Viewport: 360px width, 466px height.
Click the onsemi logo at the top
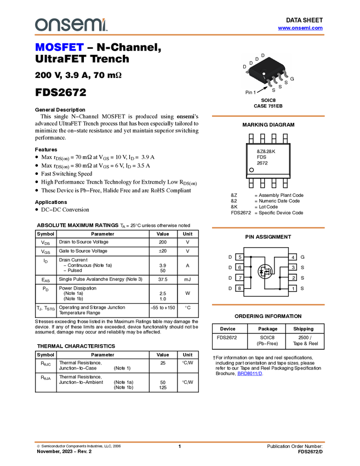tap(71, 25)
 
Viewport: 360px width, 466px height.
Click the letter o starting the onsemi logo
tap(39, 25)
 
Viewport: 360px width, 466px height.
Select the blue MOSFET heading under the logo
tap(59, 48)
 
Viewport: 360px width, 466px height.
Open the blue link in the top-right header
tap(300, 28)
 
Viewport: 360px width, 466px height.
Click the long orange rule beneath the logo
tap(179, 35)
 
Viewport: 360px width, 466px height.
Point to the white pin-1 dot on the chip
tap(264, 74)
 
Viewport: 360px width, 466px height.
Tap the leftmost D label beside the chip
tap(244, 67)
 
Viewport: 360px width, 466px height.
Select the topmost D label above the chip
tap(262, 55)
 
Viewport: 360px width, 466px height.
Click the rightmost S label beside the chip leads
tap(286, 82)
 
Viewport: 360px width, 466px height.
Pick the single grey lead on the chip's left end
tap(248, 72)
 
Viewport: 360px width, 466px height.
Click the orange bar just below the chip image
tap(268, 116)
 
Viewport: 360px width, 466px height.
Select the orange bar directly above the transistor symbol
tap(268, 227)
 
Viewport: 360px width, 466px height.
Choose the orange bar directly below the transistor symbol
tap(268, 304)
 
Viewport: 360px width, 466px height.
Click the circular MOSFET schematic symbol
tap(265, 271)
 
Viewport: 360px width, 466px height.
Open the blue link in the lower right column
tap(250, 373)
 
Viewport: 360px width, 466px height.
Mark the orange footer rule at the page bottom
tap(179, 441)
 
